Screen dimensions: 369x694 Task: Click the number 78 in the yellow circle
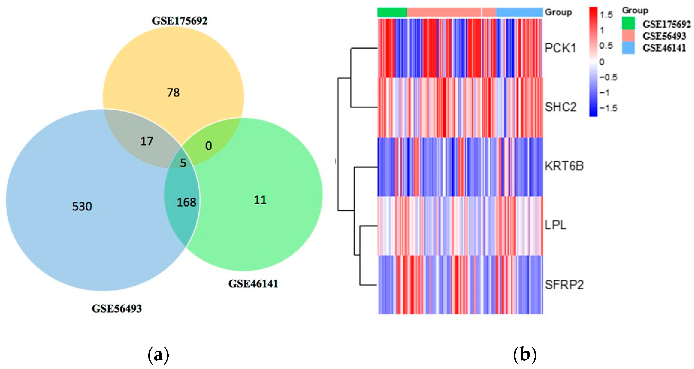(173, 93)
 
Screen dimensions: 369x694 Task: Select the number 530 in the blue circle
(82, 206)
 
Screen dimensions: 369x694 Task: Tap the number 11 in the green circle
(260, 200)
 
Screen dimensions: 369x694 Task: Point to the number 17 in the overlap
(147, 141)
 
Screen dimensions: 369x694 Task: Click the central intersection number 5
(183, 163)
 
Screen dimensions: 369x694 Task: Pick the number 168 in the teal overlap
(186, 202)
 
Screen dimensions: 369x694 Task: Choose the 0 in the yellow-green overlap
(208, 146)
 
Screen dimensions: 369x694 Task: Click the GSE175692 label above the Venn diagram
(180, 21)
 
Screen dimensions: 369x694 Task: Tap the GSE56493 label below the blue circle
(117, 308)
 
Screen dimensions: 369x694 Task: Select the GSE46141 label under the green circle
(253, 284)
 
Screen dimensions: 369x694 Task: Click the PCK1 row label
(560, 48)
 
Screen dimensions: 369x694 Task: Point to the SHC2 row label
(561, 107)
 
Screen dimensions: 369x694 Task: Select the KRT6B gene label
(564, 166)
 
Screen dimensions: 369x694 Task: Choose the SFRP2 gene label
(564, 285)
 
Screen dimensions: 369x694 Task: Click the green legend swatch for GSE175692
(628, 23)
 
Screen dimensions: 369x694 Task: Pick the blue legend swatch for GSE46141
(628, 48)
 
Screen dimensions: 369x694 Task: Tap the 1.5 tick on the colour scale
(606, 15)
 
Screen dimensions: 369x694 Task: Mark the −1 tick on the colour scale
(605, 93)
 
